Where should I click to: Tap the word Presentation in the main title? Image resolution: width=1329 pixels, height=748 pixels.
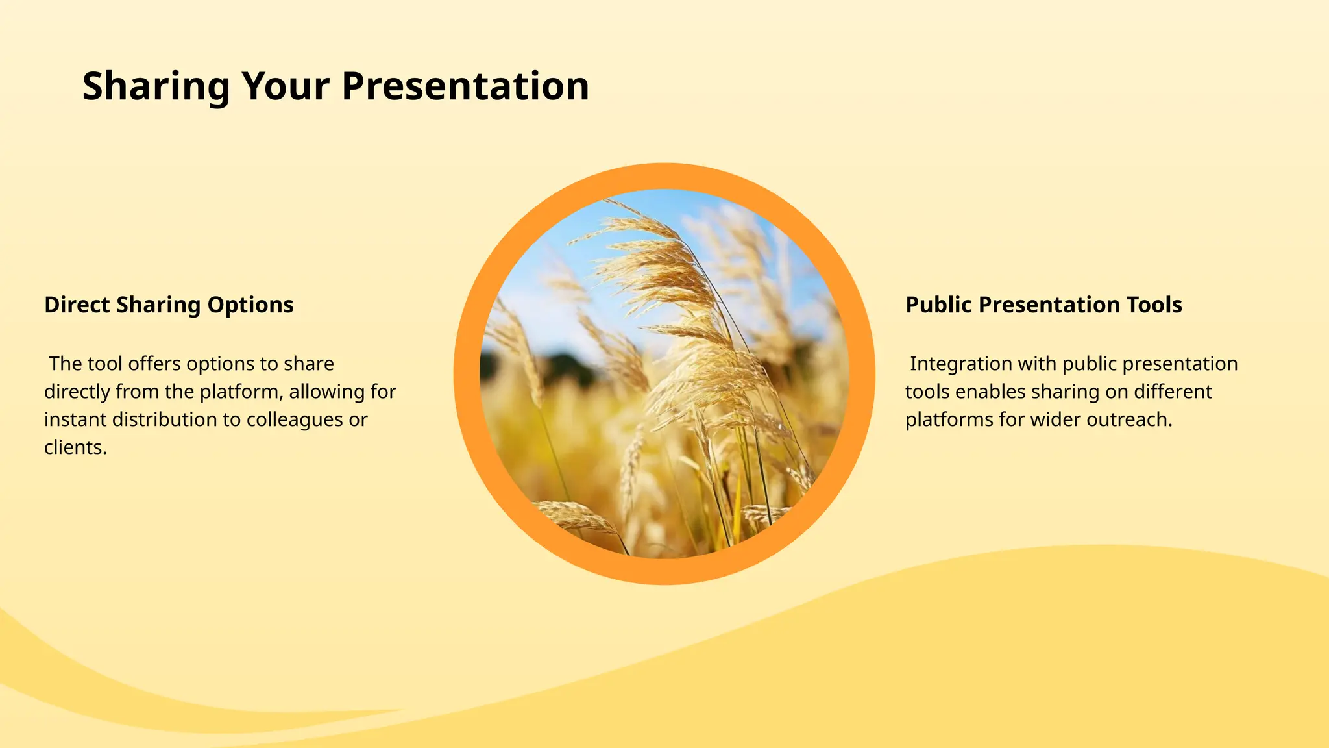[x=465, y=86]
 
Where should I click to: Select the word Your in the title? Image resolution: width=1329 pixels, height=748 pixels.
[x=286, y=86]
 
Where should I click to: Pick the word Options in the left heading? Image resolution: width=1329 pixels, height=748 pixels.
[x=250, y=305]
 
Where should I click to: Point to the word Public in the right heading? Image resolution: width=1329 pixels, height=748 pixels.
[x=938, y=305]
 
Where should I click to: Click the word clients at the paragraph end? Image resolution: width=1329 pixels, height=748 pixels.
[x=74, y=447]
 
